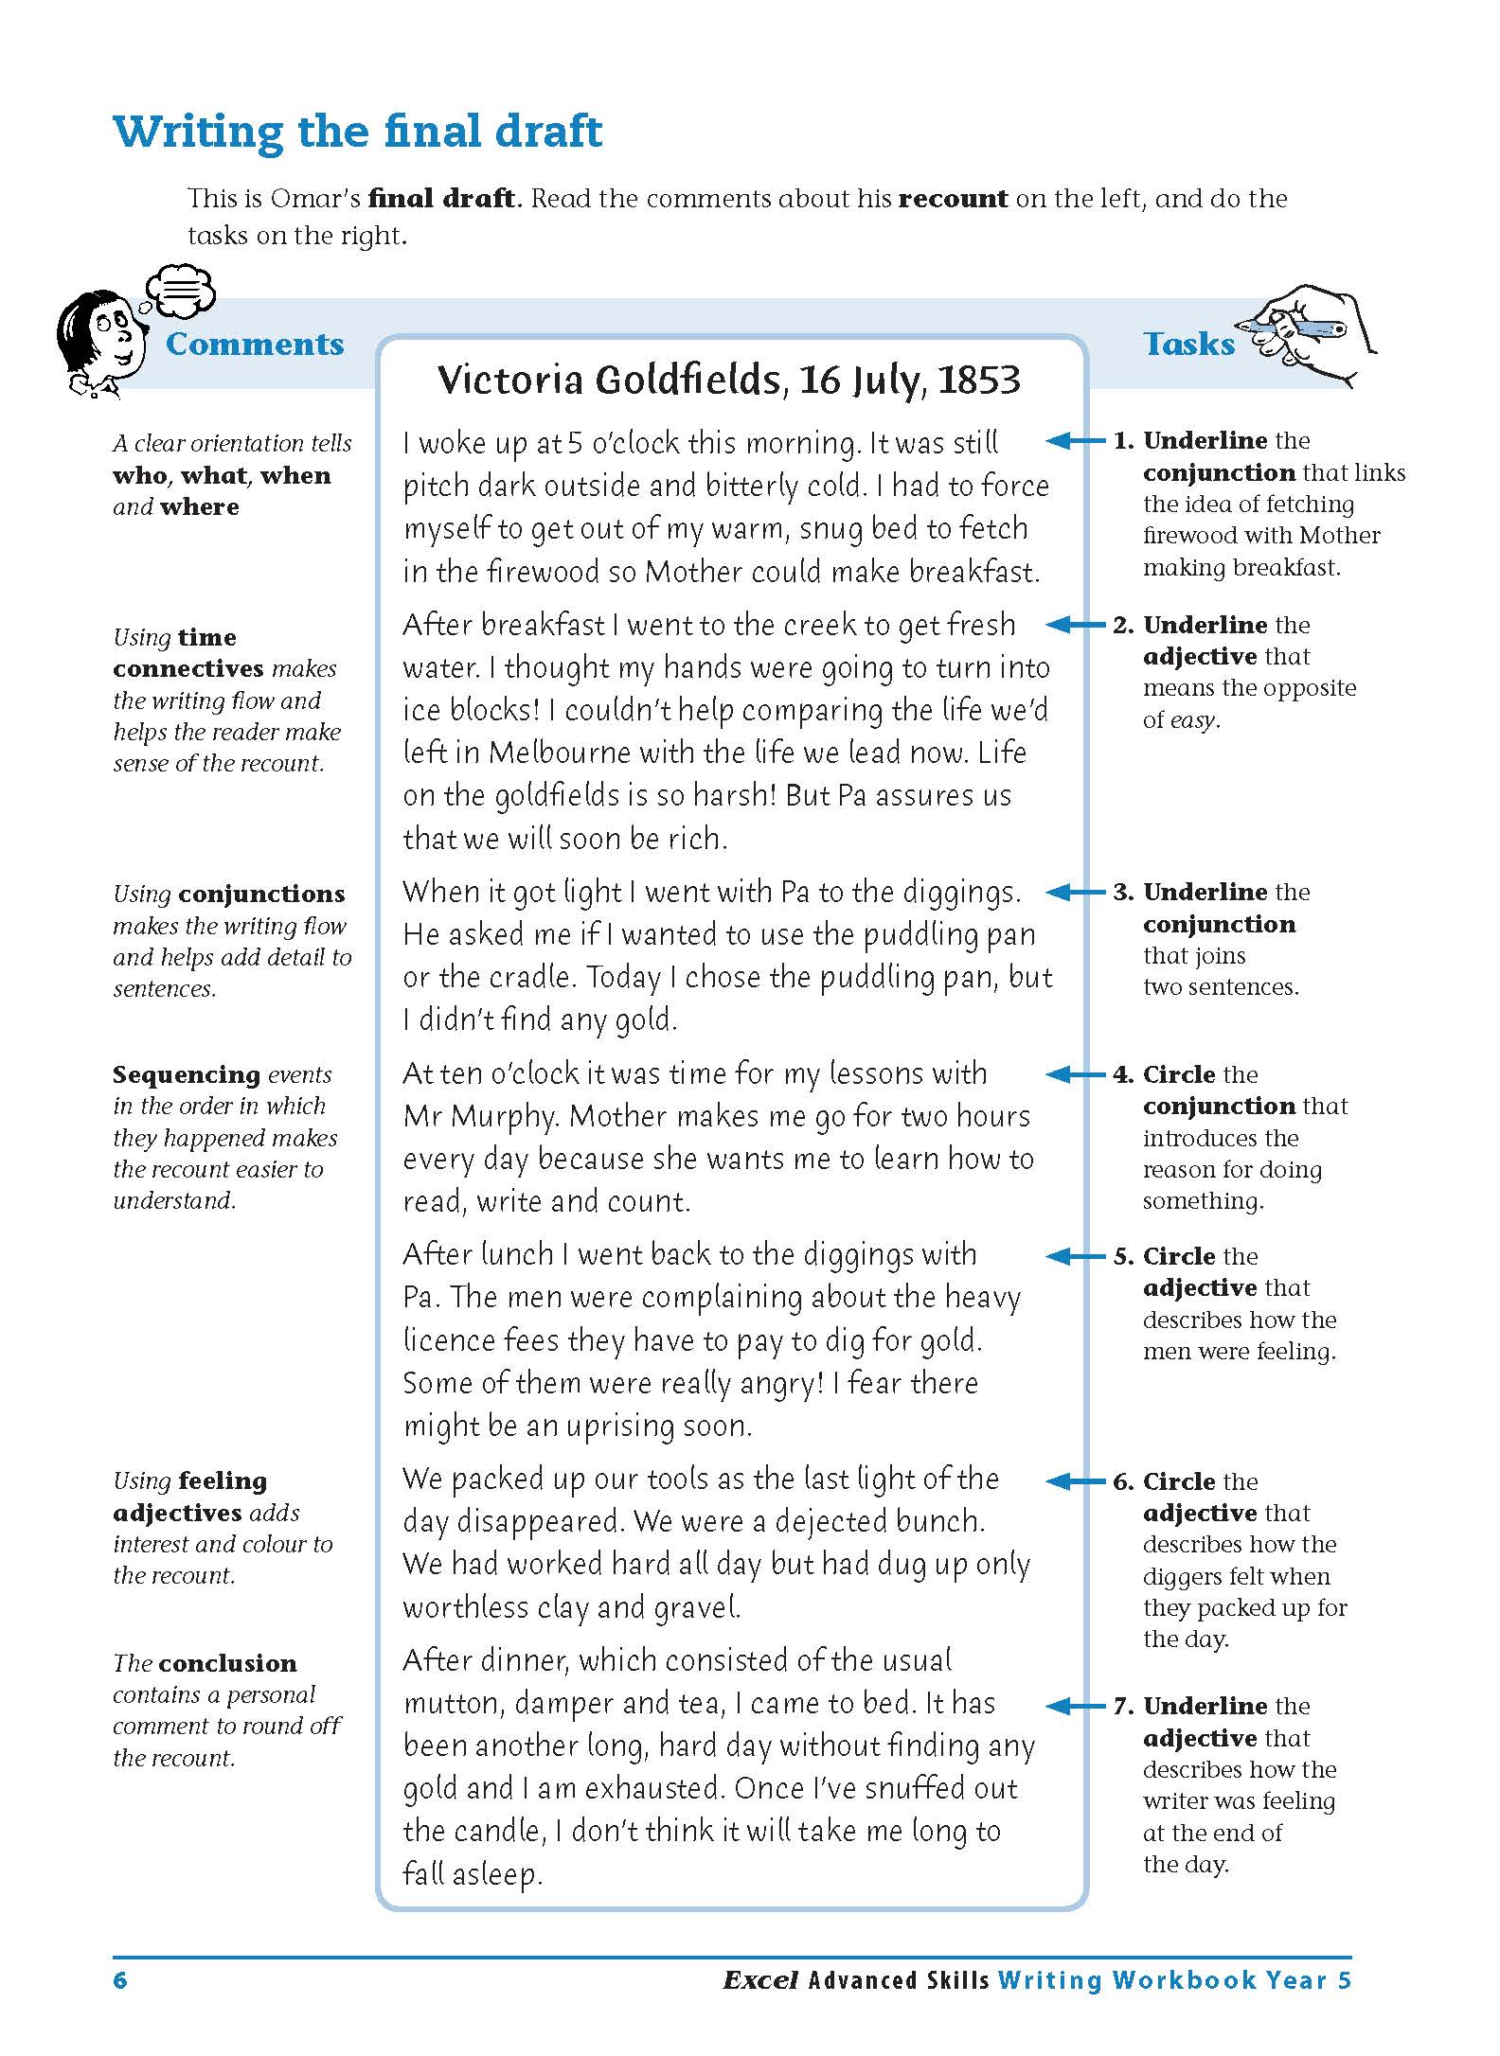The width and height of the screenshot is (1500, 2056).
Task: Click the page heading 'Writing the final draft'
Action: point(357,131)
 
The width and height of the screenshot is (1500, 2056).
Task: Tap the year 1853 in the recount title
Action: point(978,381)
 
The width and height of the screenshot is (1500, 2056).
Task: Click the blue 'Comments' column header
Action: point(255,344)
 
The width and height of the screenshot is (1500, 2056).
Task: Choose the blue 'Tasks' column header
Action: point(1188,344)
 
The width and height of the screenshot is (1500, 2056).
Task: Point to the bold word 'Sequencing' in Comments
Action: point(187,1074)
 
